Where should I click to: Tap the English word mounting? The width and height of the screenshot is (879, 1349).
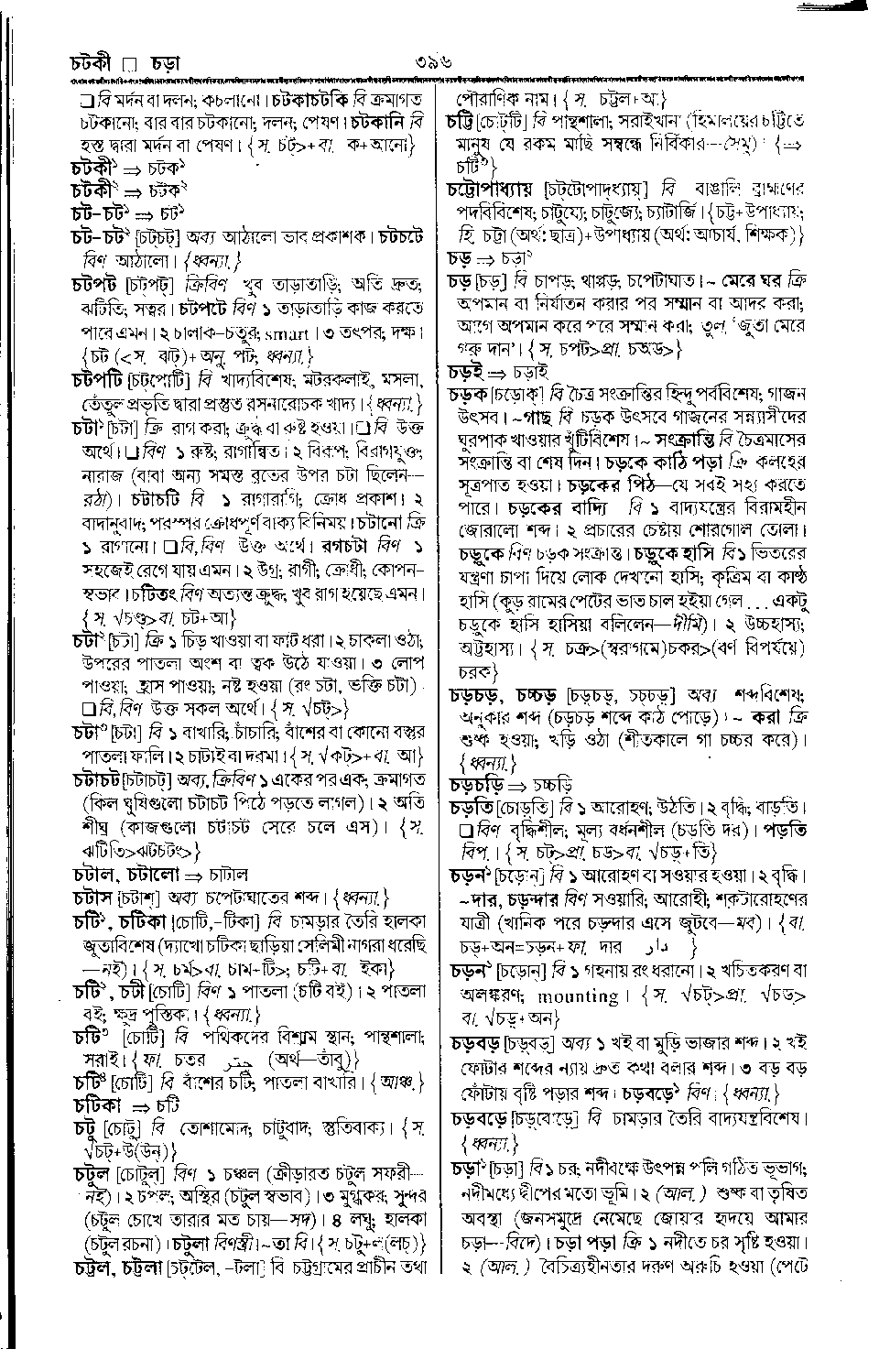coord(578,996)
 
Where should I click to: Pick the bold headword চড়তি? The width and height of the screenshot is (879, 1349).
coord(472,808)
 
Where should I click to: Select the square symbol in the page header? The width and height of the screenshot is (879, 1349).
coord(129,64)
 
